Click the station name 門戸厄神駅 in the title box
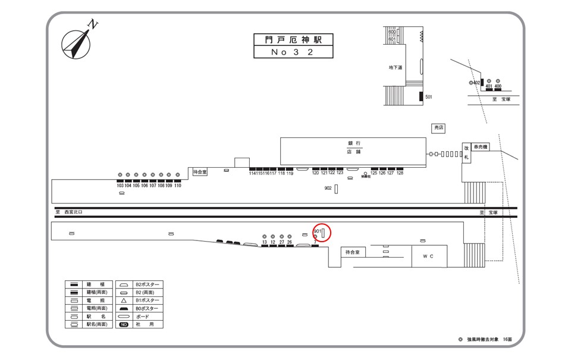293,40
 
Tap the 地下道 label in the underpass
396,67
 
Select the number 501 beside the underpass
428,96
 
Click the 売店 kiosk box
438,128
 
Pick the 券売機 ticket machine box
481,147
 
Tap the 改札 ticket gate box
467,153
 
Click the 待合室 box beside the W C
353,253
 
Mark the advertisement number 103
120,186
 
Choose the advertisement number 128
400,173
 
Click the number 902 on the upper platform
328,188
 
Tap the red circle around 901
321,233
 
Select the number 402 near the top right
476,83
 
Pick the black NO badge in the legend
124,325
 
